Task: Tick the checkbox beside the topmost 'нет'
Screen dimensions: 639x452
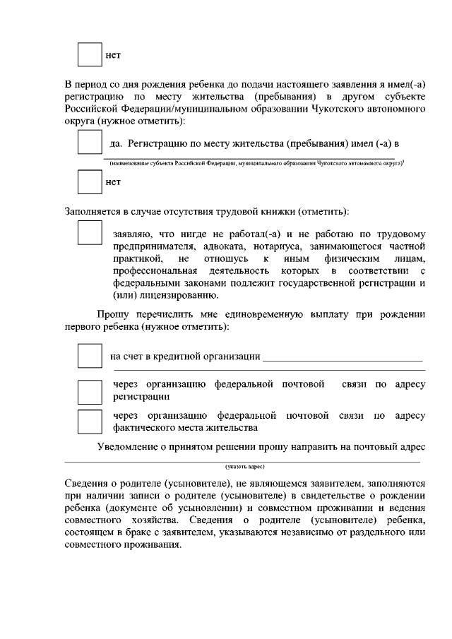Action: [x=89, y=55]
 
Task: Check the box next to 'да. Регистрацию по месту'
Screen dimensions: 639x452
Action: [x=89, y=143]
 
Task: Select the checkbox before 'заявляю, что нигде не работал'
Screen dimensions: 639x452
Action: [x=89, y=233]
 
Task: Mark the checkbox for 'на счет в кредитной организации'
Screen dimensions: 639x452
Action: [x=89, y=355]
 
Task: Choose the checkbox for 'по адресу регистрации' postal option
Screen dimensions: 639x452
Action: [x=89, y=391]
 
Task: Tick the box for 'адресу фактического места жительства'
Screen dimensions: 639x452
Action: [x=89, y=422]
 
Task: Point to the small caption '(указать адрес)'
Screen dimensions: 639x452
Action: [x=244, y=467]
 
